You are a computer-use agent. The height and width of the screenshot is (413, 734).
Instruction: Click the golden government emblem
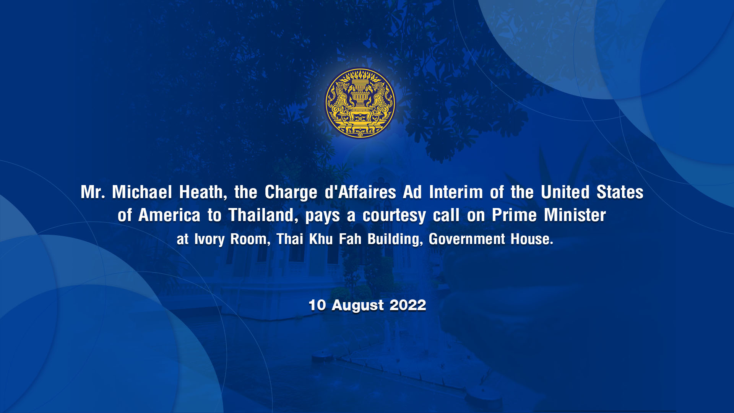tap(360, 103)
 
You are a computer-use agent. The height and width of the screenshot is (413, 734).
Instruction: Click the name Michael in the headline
tap(142, 192)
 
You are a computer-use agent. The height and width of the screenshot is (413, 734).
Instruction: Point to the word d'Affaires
tap(360, 192)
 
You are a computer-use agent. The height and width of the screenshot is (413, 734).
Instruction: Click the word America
tap(169, 215)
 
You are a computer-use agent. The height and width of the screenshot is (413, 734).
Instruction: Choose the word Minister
tap(575, 215)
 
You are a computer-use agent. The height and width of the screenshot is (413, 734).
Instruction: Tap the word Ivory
tap(209, 239)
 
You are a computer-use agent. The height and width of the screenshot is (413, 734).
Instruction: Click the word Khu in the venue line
tap(321, 239)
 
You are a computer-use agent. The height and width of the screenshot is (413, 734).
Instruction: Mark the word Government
tap(467, 239)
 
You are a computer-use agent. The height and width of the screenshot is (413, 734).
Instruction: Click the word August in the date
tap(358, 306)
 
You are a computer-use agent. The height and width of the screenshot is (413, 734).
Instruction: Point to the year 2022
tap(408, 305)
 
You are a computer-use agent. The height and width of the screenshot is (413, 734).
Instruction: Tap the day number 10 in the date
tap(317, 305)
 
